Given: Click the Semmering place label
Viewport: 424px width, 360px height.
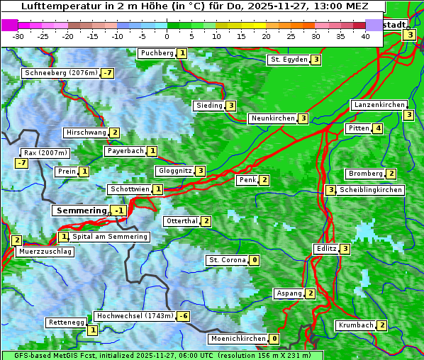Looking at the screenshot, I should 80,210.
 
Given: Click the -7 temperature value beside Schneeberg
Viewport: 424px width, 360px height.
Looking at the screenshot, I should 107,73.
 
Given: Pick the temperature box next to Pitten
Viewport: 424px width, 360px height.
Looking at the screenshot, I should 378,128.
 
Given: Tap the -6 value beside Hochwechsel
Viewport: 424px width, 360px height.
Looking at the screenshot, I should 183,315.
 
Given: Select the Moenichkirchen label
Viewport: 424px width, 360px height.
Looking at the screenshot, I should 238,339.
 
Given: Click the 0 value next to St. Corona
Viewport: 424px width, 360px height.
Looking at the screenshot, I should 255,260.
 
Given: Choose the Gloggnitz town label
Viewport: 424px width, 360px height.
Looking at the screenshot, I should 174,171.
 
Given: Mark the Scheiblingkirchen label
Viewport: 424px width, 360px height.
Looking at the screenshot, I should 370,190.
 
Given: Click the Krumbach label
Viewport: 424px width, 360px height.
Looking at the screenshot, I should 355,325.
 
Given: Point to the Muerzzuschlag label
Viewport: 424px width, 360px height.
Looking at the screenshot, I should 45,252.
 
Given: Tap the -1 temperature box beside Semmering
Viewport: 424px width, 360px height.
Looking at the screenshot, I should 118,210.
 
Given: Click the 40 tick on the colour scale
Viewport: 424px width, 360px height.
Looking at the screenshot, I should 365,36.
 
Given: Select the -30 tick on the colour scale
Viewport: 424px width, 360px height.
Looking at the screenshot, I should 18,36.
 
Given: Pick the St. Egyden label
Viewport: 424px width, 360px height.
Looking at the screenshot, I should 288,60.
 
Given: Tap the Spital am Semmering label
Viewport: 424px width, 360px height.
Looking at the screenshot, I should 110,236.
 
